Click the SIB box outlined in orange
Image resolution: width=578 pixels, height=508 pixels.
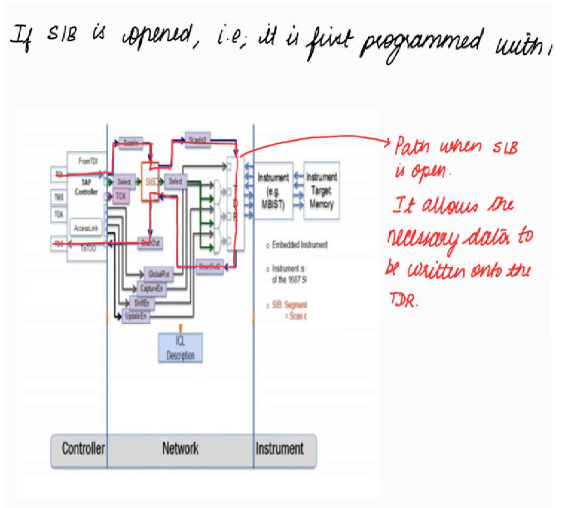tap(151, 182)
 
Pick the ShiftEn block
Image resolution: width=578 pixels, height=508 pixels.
tap(140, 303)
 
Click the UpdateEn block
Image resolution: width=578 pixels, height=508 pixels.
tap(135, 316)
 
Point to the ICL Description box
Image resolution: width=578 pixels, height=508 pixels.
tap(181, 347)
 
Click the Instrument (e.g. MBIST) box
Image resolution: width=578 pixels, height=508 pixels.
tap(274, 191)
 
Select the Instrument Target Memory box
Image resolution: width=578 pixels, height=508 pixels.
tap(320, 191)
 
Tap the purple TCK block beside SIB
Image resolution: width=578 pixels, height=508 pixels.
tap(122, 196)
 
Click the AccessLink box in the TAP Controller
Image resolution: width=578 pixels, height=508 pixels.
tap(86, 228)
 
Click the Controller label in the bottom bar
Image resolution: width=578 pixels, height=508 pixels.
tap(83, 449)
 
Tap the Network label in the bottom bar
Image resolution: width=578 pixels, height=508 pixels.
tap(180, 449)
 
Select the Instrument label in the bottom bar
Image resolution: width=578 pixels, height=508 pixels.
tap(279, 449)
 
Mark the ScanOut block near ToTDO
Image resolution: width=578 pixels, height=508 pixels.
tap(150, 242)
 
